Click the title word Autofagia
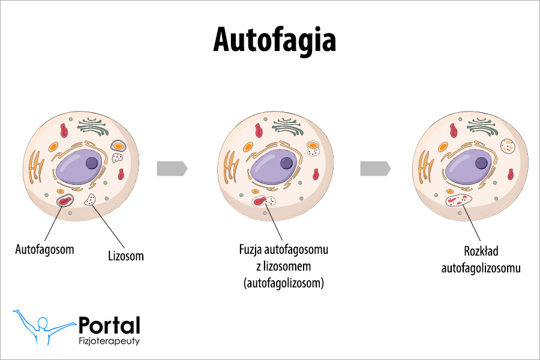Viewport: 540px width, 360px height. click(274, 40)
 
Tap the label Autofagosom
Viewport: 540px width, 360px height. click(44, 249)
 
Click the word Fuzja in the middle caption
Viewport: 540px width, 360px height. click(251, 249)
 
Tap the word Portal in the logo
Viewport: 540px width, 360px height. click(109, 325)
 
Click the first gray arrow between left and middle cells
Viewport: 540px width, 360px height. click(172, 169)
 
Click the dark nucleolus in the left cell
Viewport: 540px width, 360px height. click(92, 163)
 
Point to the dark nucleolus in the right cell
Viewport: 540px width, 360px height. click(481, 162)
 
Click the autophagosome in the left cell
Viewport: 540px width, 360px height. click(65, 200)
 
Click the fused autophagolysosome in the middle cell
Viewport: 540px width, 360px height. click(263, 203)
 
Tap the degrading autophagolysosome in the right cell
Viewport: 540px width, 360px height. click(460, 200)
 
